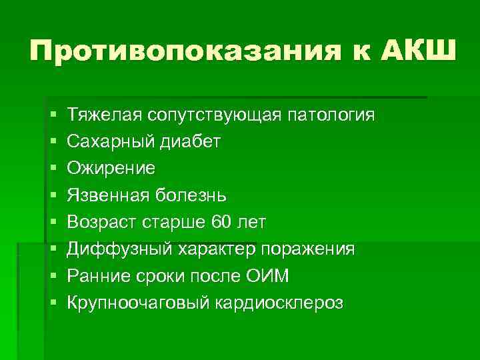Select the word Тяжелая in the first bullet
102,115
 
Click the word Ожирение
111,169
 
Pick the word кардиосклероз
279,303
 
